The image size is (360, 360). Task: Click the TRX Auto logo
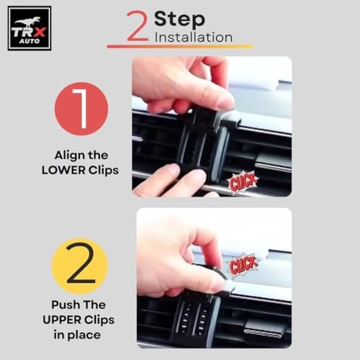30,28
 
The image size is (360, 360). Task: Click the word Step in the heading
179,20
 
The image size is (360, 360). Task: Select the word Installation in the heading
194,37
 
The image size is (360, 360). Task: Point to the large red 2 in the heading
138,26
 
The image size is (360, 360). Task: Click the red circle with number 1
81,109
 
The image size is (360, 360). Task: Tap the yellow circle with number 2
80,266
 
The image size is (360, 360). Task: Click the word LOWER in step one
63,171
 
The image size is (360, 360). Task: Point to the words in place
77,335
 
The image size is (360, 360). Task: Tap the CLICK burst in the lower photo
243,265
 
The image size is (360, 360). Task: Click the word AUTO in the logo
30,41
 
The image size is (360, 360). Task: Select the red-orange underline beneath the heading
180,46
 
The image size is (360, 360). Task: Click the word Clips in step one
104,171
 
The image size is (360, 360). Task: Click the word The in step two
94,305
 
